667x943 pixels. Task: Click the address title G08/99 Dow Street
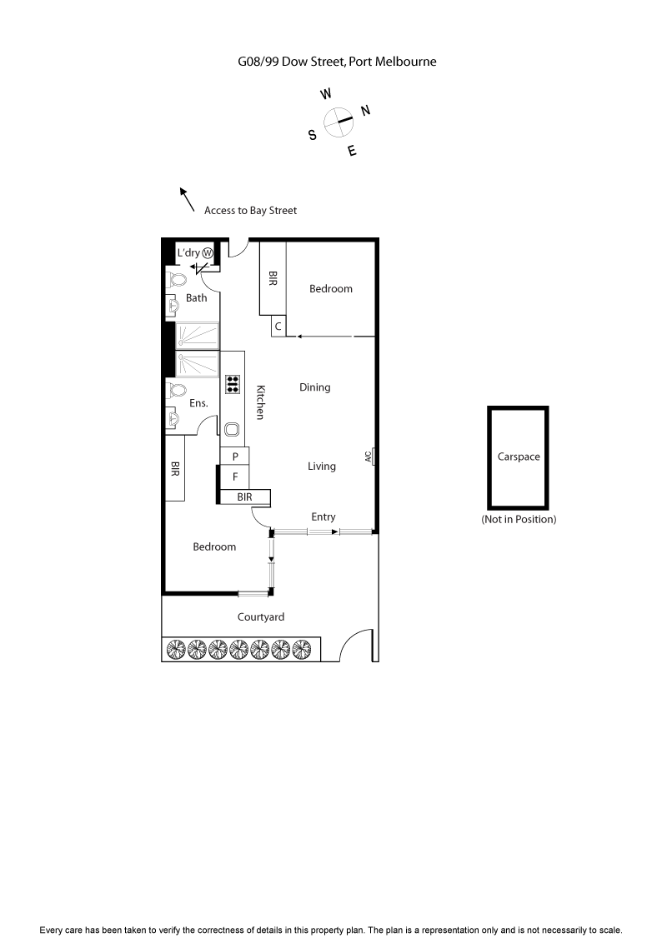tap(337, 61)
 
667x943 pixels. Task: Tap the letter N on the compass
tap(365, 111)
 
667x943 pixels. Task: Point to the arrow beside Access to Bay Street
tap(188, 199)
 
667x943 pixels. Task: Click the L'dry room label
tap(188, 252)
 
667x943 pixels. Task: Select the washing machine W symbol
tap(208, 252)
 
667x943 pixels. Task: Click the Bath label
tap(197, 297)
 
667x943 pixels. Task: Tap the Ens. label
tap(198, 403)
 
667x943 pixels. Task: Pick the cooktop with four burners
tap(233, 384)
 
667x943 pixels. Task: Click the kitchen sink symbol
tap(233, 430)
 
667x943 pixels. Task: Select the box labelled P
tap(235, 457)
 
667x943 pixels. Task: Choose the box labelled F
tap(235, 477)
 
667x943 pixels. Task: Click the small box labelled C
tap(278, 327)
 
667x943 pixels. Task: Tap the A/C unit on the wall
tap(369, 457)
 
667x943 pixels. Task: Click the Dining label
tap(315, 387)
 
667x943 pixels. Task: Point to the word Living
tap(321, 467)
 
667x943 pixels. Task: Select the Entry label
tap(323, 516)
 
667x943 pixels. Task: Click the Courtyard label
tap(261, 617)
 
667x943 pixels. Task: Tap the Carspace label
tap(519, 457)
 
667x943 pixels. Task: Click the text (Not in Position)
tap(519, 519)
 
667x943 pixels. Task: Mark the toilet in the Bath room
tap(175, 279)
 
